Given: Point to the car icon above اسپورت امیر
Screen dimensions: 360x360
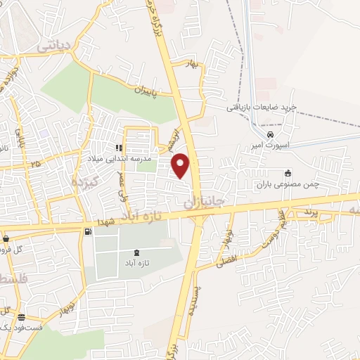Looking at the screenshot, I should pyautogui.click(x=271, y=134).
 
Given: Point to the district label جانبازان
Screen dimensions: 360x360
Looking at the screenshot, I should pyautogui.click(x=204, y=201).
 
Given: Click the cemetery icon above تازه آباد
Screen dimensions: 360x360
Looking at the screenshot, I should pyautogui.click(x=136, y=252).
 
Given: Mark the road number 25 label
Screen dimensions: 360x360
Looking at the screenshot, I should pyautogui.click(x=34, y=164).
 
